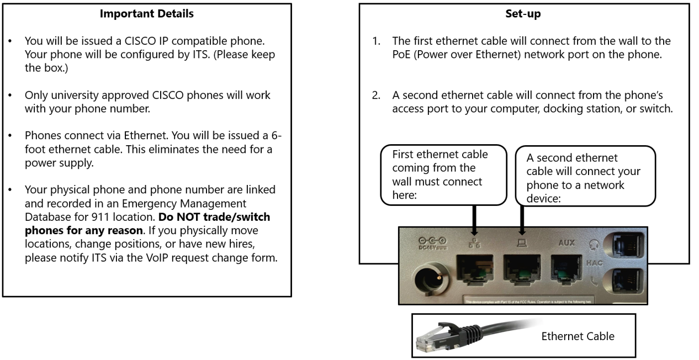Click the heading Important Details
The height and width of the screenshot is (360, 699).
click(147, 14)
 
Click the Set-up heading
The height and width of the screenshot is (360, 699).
click(523, 14)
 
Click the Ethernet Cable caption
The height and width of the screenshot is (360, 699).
click(578, 336)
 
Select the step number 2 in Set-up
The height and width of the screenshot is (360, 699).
click(375, 96)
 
